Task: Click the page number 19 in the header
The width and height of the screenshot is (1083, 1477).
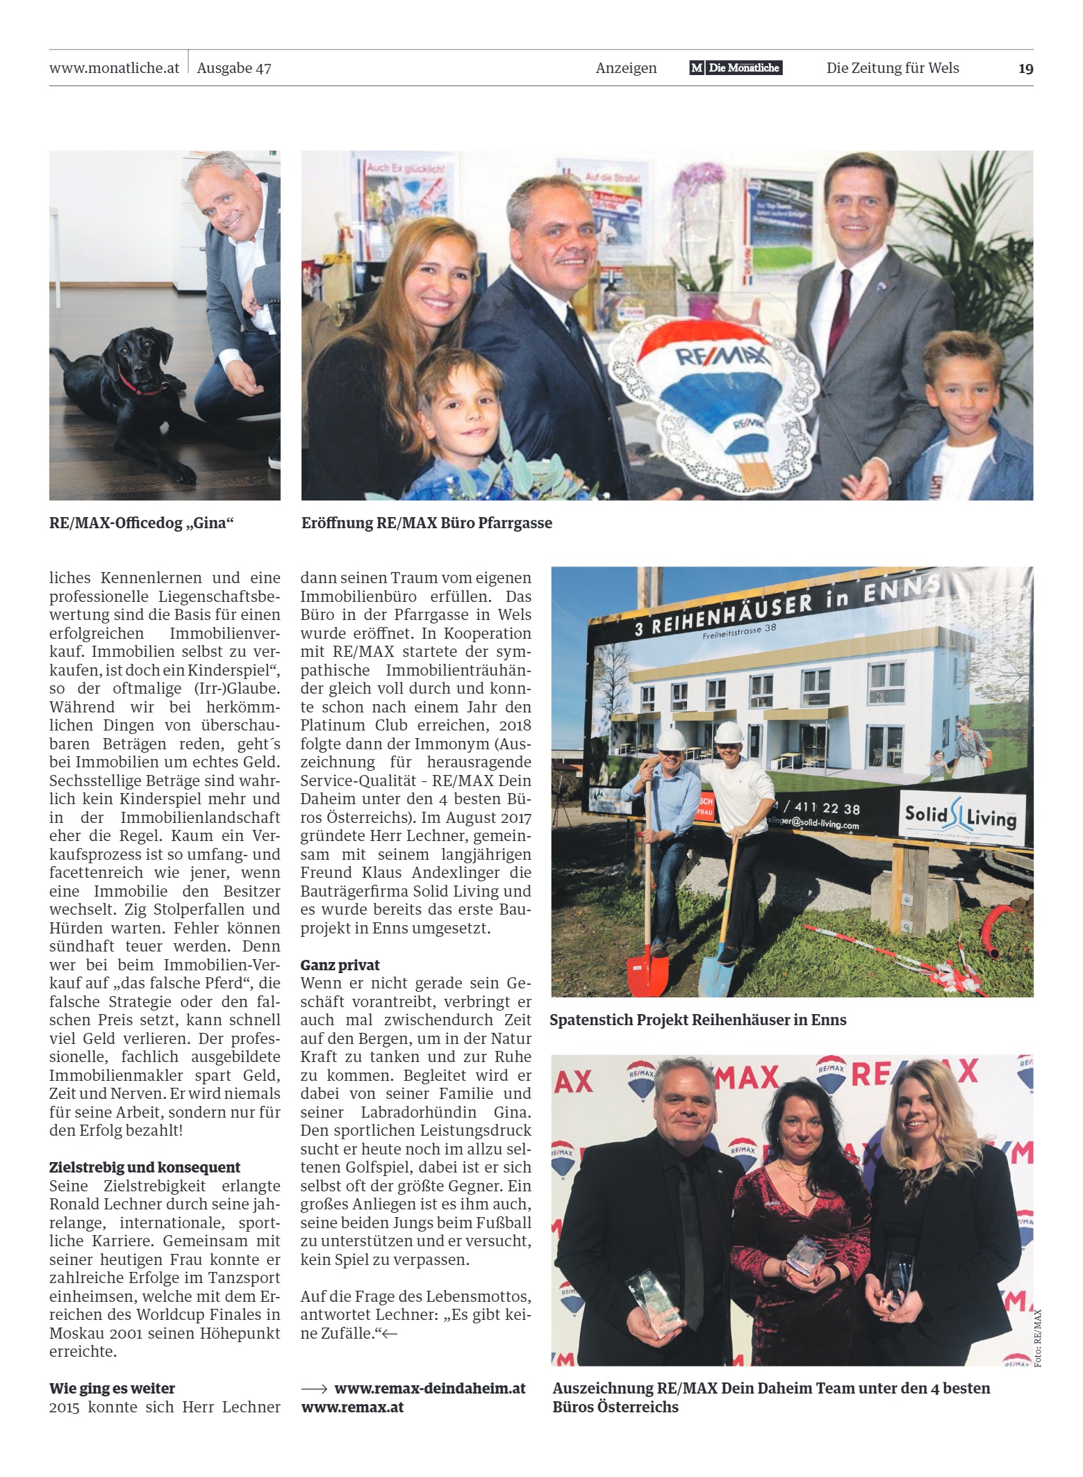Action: (x=1025, y=68)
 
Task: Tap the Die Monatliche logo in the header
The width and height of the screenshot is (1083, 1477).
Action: (x=736, y=67)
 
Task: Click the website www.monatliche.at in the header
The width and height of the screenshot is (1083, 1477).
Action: (x=114, y=68)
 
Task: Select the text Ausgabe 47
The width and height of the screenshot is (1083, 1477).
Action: (x=234, y=68)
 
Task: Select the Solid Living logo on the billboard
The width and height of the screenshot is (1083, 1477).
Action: (x=960, y=816)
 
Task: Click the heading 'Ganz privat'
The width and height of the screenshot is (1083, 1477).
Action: (x=340, y=965)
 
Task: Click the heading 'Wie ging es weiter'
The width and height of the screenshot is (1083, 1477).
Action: (x=112, y=1388)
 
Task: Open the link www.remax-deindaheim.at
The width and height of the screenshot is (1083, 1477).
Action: (x=429, y=1388)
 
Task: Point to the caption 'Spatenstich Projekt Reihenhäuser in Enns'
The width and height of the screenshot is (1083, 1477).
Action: (x=697, y=1020)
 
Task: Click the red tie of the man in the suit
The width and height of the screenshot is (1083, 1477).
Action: (x=845, y=306)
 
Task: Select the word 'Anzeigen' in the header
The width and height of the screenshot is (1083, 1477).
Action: (x=626, y=68)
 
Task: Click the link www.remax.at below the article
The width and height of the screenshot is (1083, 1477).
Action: (x=352, y=1407)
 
